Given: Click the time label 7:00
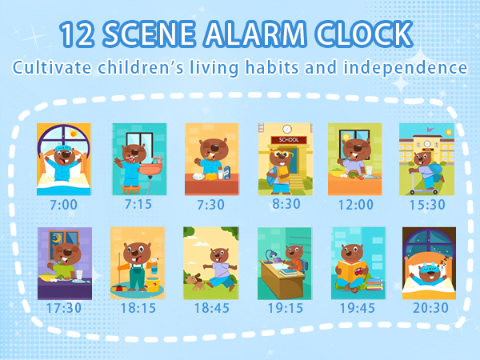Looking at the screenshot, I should click(x=63, y=205).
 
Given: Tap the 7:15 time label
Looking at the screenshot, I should click(x=138, y=205).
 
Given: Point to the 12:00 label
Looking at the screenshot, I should click(x=354, y=205).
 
